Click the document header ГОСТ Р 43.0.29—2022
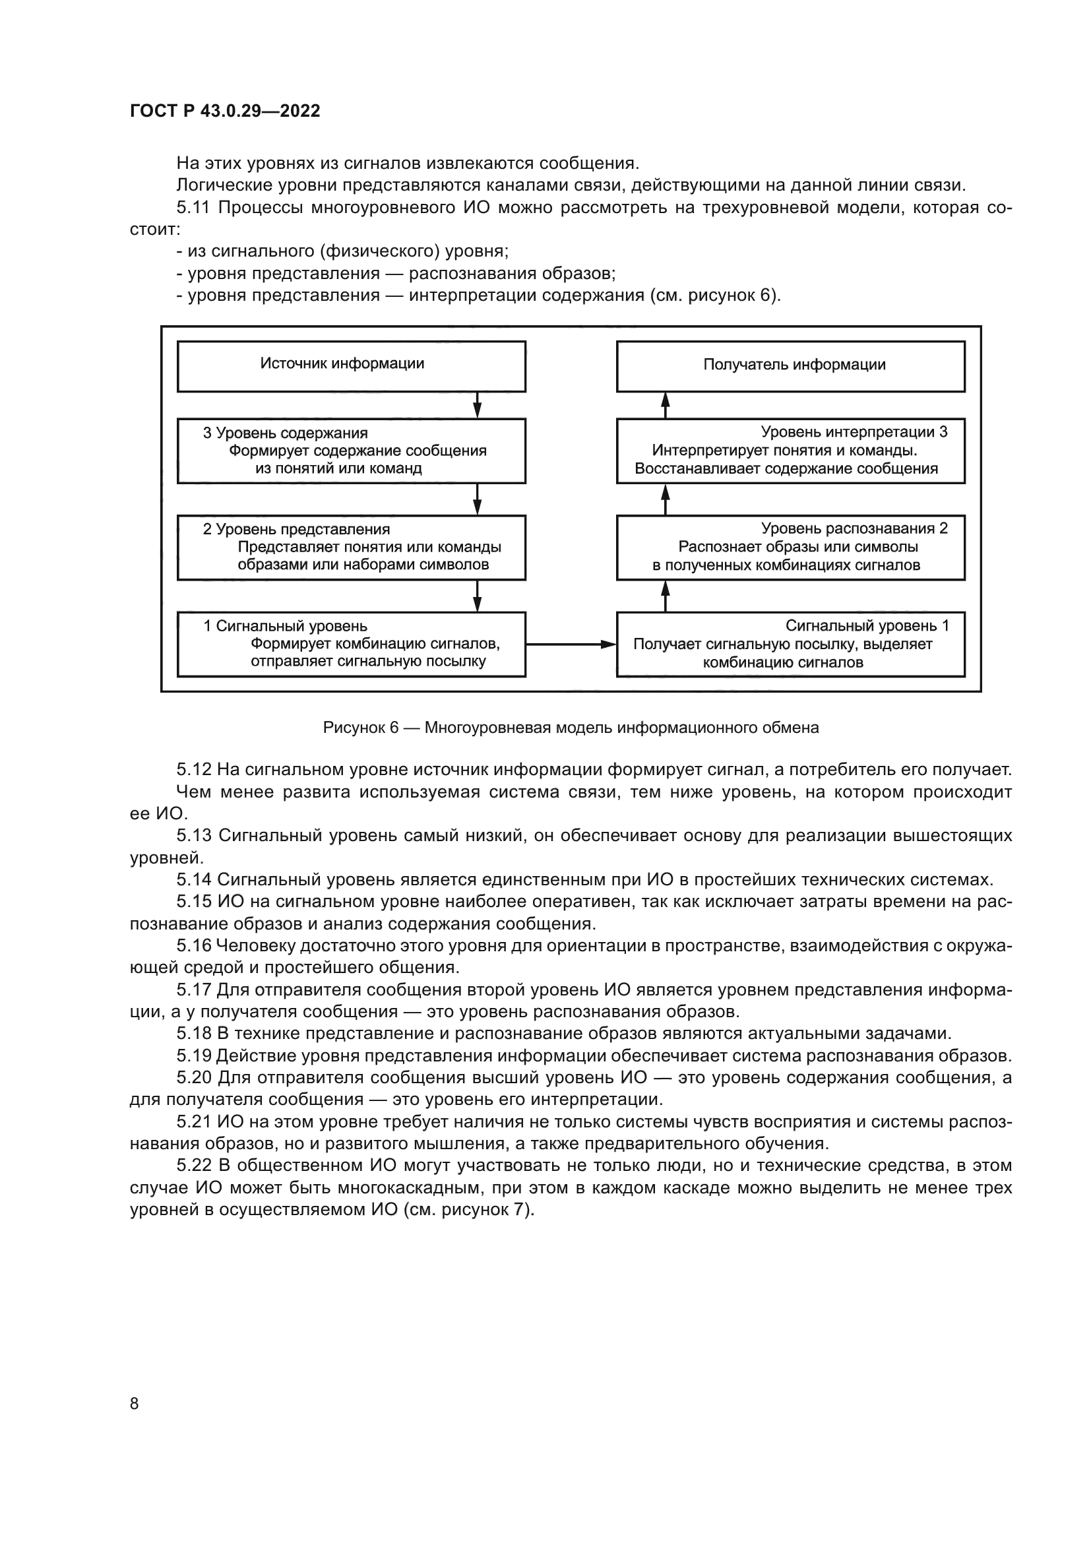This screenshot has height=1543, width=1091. click(225, 111)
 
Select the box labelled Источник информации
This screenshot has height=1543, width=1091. click(352, 366)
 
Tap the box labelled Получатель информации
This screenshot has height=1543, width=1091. click(791, 366)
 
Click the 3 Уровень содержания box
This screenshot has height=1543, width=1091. click(352, 451)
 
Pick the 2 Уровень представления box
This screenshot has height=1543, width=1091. click(352, 548)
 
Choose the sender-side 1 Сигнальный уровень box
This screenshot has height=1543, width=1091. click(352, 644)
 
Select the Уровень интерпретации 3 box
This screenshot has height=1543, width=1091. click(791, 451)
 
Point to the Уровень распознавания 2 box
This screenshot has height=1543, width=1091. click(791, 548)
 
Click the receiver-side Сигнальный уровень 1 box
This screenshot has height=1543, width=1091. click(791, 644)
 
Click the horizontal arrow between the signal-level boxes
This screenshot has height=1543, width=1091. click(571, 645)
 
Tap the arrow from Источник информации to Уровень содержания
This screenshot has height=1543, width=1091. click(477, 405)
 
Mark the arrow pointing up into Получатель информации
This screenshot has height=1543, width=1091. click(666, 405)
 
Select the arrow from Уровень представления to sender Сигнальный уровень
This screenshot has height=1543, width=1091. click(477, 596)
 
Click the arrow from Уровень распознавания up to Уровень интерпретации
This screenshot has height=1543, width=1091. click(666, 499)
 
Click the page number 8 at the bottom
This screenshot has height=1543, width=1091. click(135, 1403)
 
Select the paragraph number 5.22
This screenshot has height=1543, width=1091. click(195, 1166)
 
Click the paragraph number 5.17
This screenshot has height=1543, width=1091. click(194, 990)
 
